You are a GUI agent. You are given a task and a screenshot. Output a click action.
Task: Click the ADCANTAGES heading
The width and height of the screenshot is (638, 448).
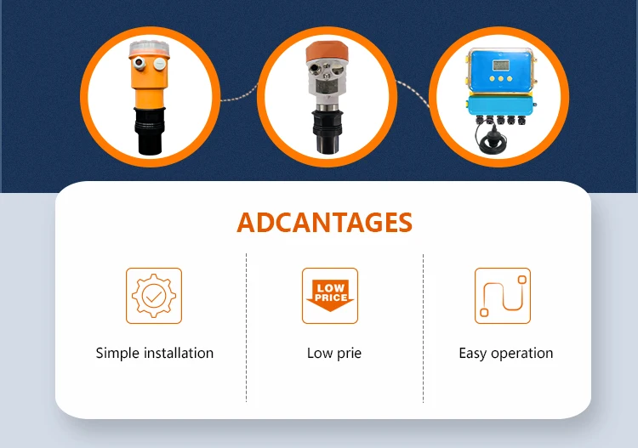tap(324, 223)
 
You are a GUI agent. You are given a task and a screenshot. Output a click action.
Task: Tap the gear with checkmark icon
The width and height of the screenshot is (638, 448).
tap(154, 296)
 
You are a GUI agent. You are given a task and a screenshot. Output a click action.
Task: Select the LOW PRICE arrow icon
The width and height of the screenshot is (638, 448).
tap(330, 296)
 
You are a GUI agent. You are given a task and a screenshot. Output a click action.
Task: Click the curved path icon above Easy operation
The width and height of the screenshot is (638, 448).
tap(503, 296)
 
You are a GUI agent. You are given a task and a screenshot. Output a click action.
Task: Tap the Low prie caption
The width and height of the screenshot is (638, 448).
tap(334, 354)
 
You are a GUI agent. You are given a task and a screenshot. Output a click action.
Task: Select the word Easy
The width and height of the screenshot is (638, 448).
tap(473, 354)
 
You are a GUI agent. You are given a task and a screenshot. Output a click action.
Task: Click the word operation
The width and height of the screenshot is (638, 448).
tap(522, 354)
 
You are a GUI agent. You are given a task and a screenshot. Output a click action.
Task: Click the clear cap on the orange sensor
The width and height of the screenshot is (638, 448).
tap(150, 48)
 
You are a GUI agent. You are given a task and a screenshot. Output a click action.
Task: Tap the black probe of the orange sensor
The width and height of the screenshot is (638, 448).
tap(150, 131)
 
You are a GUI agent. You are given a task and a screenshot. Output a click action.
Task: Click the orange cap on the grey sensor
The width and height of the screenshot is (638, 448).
tap(328, 52)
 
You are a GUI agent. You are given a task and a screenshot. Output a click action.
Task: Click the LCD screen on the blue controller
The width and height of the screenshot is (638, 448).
tap(501, 65)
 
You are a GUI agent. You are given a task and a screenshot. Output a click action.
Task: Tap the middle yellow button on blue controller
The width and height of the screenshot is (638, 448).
tap(501, 78)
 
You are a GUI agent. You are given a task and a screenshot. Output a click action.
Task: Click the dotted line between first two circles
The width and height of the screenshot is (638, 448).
tap(239, 94)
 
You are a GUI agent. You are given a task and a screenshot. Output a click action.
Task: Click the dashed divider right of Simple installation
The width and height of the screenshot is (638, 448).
tap(246, 327)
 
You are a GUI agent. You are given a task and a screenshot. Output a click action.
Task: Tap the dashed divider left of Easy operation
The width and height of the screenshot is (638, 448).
tap(423, 327)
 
